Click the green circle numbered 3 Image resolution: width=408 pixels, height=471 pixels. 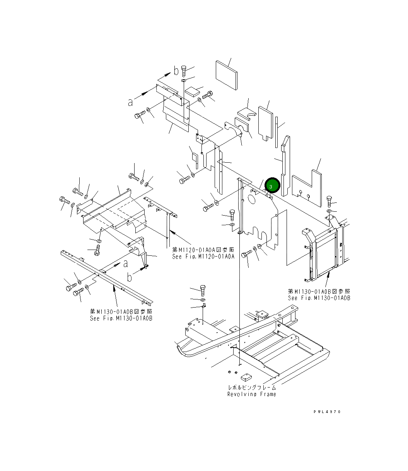coord(272,186)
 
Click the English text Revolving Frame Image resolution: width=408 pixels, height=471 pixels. coord(251,394)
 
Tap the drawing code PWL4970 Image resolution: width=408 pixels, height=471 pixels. coord(327,412)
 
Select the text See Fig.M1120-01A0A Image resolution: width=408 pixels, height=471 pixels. coord(203,256)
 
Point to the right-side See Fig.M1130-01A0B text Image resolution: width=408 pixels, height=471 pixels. coord(319,298)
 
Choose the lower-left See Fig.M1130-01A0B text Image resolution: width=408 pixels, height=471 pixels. coord(121,318)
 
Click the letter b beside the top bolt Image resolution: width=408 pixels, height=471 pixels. coord(176,71)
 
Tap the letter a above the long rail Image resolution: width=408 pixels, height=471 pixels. coord(125,264)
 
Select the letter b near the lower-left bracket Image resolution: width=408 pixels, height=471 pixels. coord(130,277)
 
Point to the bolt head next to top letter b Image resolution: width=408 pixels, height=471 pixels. coord(184,70)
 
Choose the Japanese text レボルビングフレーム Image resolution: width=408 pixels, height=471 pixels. coord(252,388)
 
